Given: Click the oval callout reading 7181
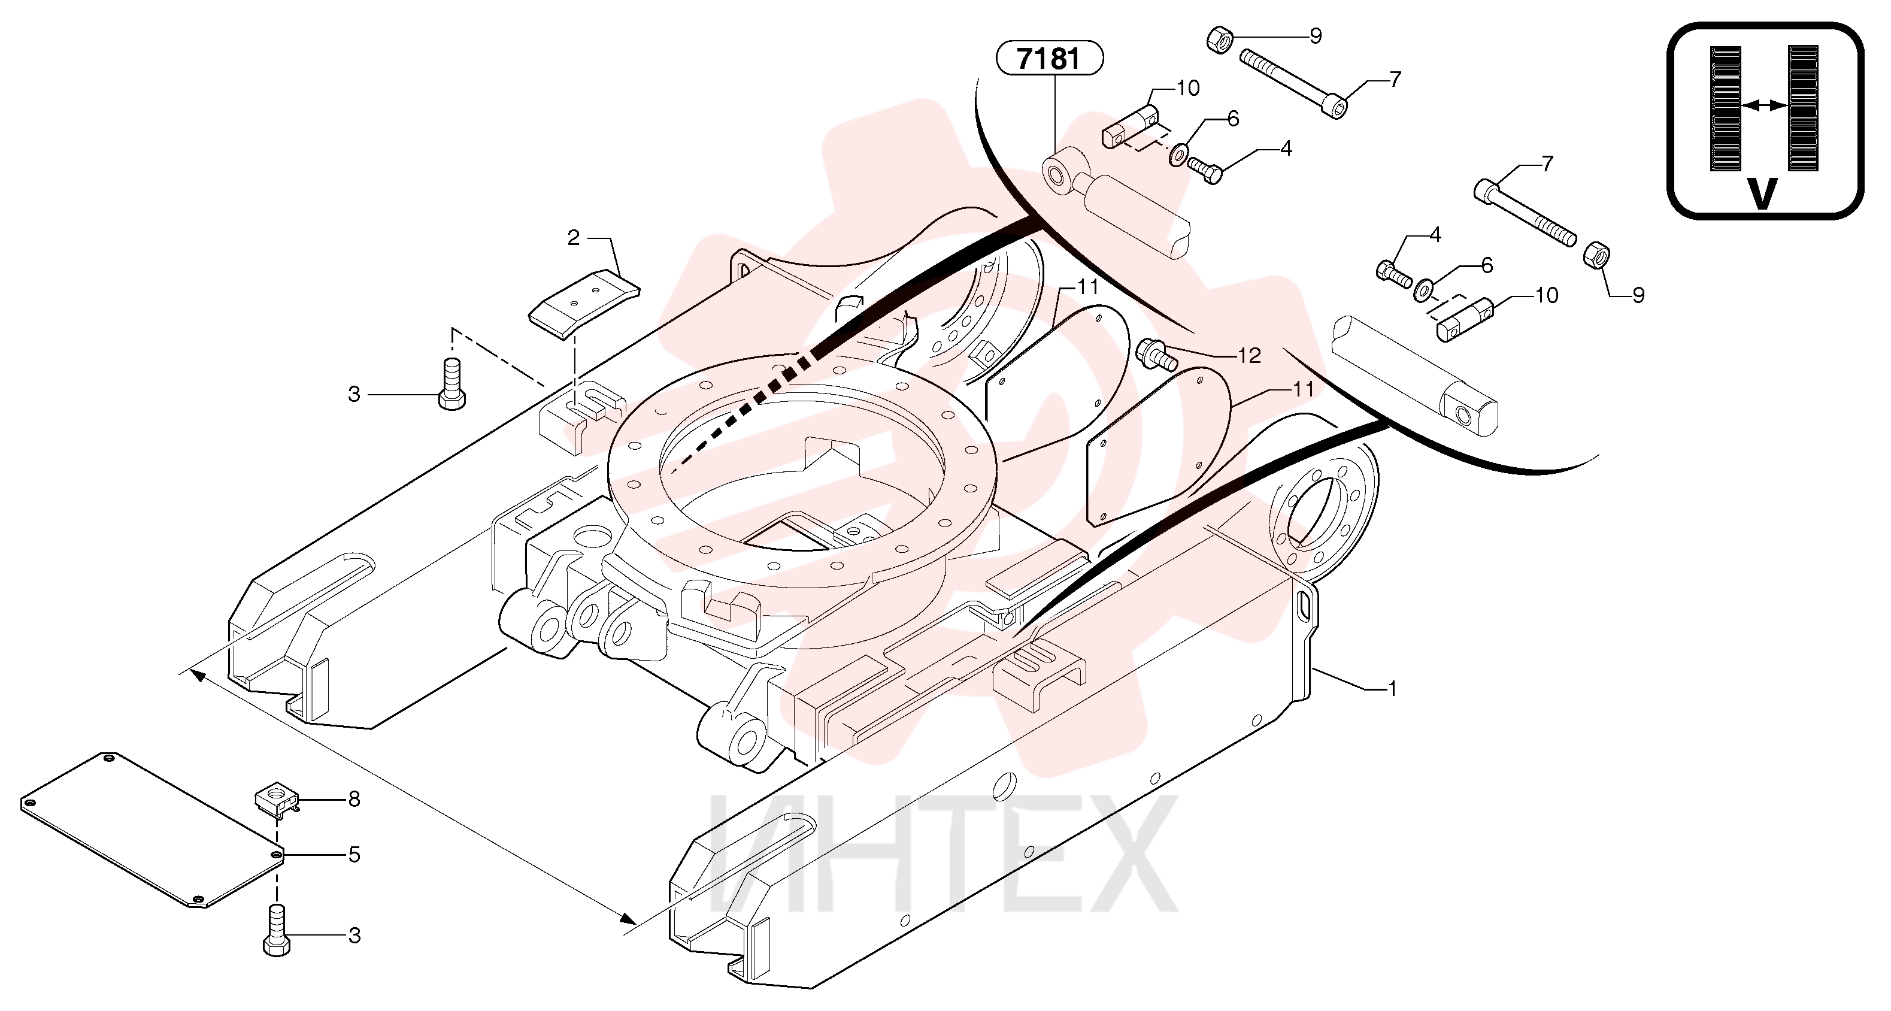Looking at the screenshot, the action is tap(1050, 58).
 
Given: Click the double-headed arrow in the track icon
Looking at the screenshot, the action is tap(1764, 106).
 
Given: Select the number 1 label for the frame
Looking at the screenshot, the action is tap(1391, 689).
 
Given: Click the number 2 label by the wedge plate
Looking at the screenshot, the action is tap(573, 237).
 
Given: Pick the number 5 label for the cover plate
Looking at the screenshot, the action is tap(354, 855).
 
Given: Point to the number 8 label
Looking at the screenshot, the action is tap(354, 799).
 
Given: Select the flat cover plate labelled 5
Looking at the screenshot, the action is tap(153, 830).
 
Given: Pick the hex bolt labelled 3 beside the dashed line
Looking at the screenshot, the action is tap(452, 383).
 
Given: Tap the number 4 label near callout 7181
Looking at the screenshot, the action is tap(1286, 149).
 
